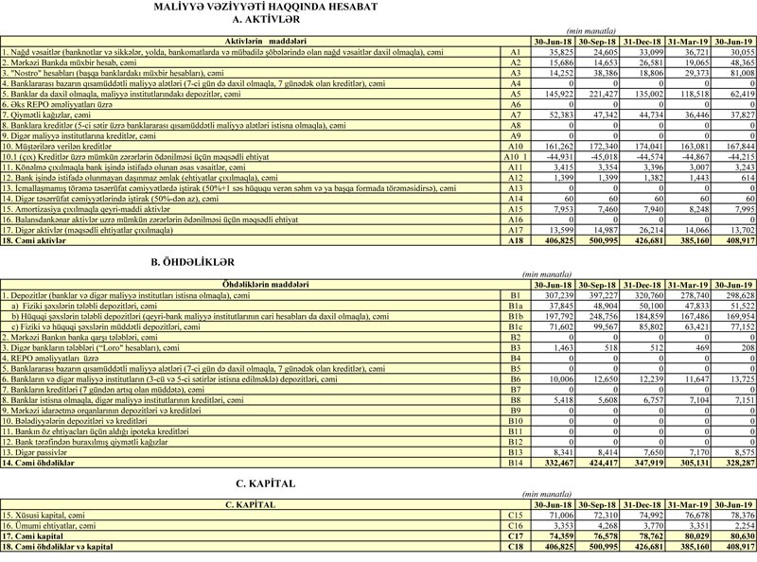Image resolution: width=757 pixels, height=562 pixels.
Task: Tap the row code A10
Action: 515,147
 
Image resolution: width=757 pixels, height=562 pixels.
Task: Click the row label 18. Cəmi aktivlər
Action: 36,241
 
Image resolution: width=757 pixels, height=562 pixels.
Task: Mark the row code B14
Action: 515,464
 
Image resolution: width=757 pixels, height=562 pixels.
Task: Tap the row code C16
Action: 515,525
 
